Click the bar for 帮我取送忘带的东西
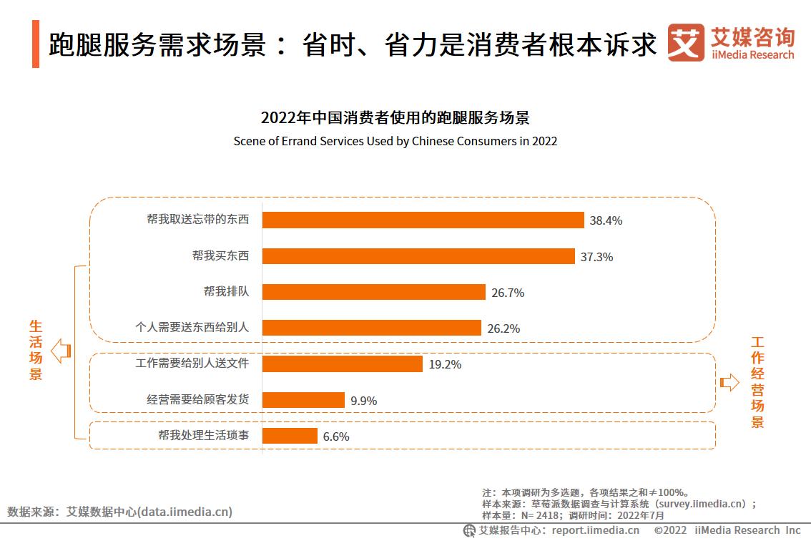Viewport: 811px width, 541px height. pyautogui.click(x=423, y=220)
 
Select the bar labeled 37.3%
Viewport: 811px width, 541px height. pyautogui.click(x=418, y=256)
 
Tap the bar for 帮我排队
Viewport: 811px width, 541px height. pyautogui.click(x=373, y=292)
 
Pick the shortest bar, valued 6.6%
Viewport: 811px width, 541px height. pyautogui.click(x=290, y=436)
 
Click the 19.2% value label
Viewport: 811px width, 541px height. pyautogui.click(x=445, y=364)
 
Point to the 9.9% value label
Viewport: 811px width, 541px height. pyautogui.click(x=363, y=401)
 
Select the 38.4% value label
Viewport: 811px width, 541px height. pyautogui.click(x=606, y=220)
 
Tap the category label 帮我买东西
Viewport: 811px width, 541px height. pyautogui.click(x=220, y=255)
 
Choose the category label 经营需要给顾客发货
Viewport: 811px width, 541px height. pyautogui.click(x=197, y=399)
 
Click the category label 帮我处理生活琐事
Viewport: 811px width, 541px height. pyautogui.click(x=203, y=435)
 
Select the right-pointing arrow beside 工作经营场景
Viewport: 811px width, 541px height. pyautogui.click(x=729, y=382)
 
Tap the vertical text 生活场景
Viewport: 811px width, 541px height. pyautogui.click(x=36, y=349)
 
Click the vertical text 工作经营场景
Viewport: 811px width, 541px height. pyautogui.click(x=757, y=382)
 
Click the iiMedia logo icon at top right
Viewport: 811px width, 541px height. pyautogui.click(x=685, y=42)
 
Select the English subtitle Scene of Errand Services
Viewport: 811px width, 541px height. pyautogui.click(x=395, y=141)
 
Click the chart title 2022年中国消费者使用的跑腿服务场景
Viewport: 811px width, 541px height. pyautogui.click(x=395, y=118)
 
